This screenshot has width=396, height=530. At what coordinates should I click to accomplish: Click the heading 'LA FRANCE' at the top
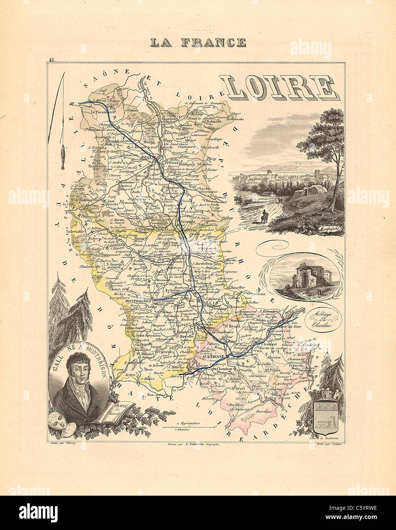[x=197, y=42]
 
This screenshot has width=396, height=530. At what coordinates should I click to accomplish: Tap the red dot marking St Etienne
[x=228, y=356]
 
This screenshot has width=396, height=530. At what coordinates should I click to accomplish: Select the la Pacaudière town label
[x=103, y=112]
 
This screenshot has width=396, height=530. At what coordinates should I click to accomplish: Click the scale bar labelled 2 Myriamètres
[x=188, y=427]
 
